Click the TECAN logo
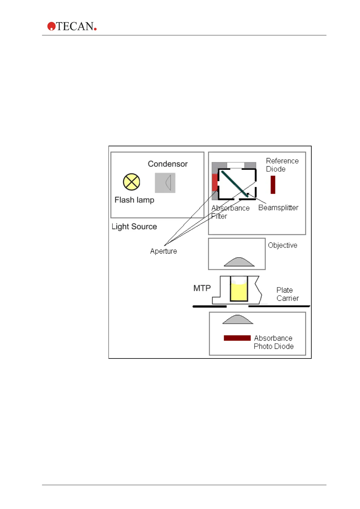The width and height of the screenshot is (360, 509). click(x=72, y=26)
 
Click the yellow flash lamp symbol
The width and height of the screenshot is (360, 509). click(x=131, y=182)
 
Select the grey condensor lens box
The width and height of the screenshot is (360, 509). click(x=165, y=183)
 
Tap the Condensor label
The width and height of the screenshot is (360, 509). click(x=167, y=164)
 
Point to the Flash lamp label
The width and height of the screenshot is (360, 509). click(x=134, y=200)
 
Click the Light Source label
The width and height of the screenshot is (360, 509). click(x=134, y=227)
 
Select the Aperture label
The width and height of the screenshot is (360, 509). click(x=164, y=251)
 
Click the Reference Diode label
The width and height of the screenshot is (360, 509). click(x=282, y=165)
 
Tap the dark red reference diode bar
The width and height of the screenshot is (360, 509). click(x=273, y=185)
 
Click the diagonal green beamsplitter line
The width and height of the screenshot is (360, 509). click(x=234, y=183)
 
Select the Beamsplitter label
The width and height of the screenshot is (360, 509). click(x=278, y=208)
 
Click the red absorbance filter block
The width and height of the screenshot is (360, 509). click(x=215, y=182)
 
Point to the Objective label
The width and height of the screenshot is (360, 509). click(x=282, y=245)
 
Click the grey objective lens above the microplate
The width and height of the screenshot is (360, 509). click(x=239, y=262)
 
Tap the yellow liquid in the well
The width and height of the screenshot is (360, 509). click(x=239, y=292)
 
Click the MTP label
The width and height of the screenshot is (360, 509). click(x=202, y=288)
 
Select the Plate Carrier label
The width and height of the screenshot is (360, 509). click(x=287, y=294)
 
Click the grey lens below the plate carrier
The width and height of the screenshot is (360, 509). click(x=238, y=320)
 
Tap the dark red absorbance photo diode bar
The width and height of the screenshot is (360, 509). click(x=237, y=338)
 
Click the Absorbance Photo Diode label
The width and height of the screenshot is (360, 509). click(x=273, y=342)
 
